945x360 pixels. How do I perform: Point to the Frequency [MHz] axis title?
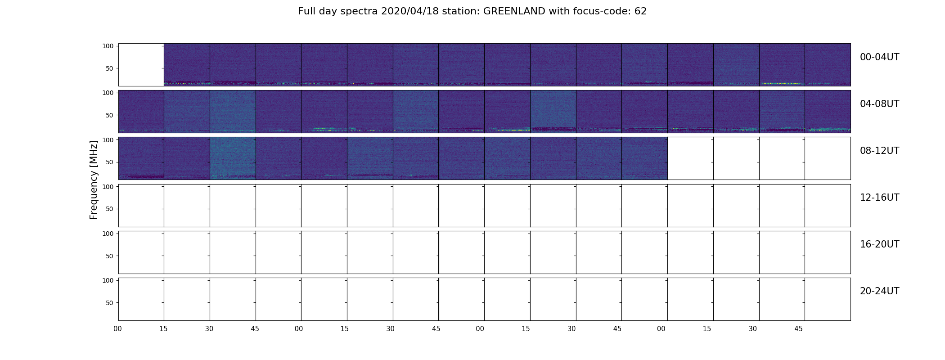tap(94, 180)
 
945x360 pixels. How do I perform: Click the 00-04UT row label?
tap(879, 57)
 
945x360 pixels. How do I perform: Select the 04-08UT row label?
tap(879, 104)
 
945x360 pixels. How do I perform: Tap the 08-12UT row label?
tap(879, 151)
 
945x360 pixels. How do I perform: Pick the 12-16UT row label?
tap(879, 198)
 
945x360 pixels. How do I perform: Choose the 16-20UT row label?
tap(879, 244)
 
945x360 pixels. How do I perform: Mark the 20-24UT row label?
tap(879, 291)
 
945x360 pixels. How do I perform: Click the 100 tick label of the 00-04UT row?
tap(108, 46)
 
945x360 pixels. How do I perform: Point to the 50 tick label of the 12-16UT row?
tap(110, 209)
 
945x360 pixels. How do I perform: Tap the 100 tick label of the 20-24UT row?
tap(108, 280)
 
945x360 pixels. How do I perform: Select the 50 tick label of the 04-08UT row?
tap(110, 115)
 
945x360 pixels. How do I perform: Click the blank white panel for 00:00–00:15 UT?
tap(141, 65)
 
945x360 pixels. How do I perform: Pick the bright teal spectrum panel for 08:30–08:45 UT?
tap(233, 158)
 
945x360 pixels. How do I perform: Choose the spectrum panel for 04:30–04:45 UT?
tap(233, 112)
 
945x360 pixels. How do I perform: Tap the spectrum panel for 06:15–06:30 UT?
tap(553, 112)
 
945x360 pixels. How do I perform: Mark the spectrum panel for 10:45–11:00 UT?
tap(644, 158)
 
